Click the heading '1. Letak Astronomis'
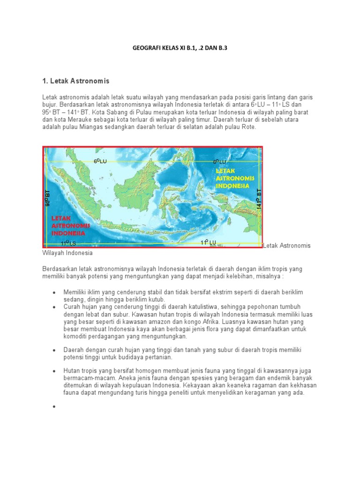click(x=75, y=81)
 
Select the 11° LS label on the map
click(x=68, y=243)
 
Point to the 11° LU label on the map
click(x=209, y=242)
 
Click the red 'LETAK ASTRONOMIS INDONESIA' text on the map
click(x=68, y=225)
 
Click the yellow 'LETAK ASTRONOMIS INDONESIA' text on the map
click(x=234, y=179)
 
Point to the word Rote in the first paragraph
click(x=247, y=127)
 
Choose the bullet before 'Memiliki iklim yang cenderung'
click(x=54, y=292)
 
